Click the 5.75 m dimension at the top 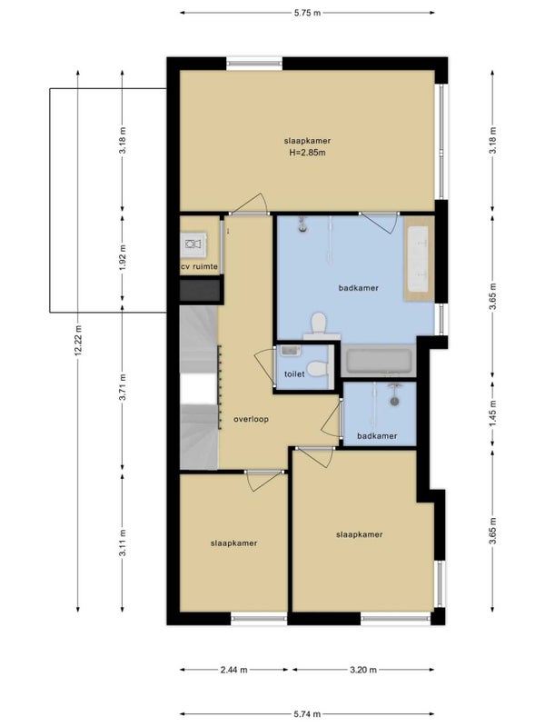(x=307, y=13)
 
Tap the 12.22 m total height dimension (x=78, y=340)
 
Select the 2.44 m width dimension (x=234, y=670)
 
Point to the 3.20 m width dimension (x=363, y=670)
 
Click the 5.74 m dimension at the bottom (x=307, y=714)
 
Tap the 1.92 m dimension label (x=123, y=257)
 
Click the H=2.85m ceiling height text (x=307, y=152)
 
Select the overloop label (x=252, y=419)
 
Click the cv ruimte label (x=199, y=266)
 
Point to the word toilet (x=294, y=373)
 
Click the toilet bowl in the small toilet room (x=319, y=369)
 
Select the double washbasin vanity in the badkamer (x=419, y=259)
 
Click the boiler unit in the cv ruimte (x=193, y=244)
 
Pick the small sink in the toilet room (x=290, y=351)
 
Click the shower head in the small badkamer (x=394, y=400)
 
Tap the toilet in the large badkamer (x=320, y=325)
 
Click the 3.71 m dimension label (x=123, y=387)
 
